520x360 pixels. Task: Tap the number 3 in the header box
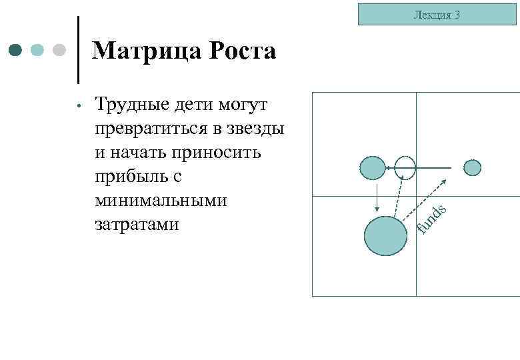click(x=457, y=15)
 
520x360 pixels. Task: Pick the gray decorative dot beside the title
click(x=59, y=50)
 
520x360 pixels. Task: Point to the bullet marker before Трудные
click(x=79, y=106)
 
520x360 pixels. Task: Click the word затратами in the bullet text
click(x=137, y=224)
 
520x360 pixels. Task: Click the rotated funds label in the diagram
click(x=431, y=219)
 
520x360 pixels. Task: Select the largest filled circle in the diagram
click(x=385, y=236)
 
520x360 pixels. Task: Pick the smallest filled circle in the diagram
click(x=472, y=167)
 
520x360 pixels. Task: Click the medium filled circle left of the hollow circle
click(x=372, y=167)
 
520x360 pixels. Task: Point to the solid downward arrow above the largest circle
click(x=377, y=196)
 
